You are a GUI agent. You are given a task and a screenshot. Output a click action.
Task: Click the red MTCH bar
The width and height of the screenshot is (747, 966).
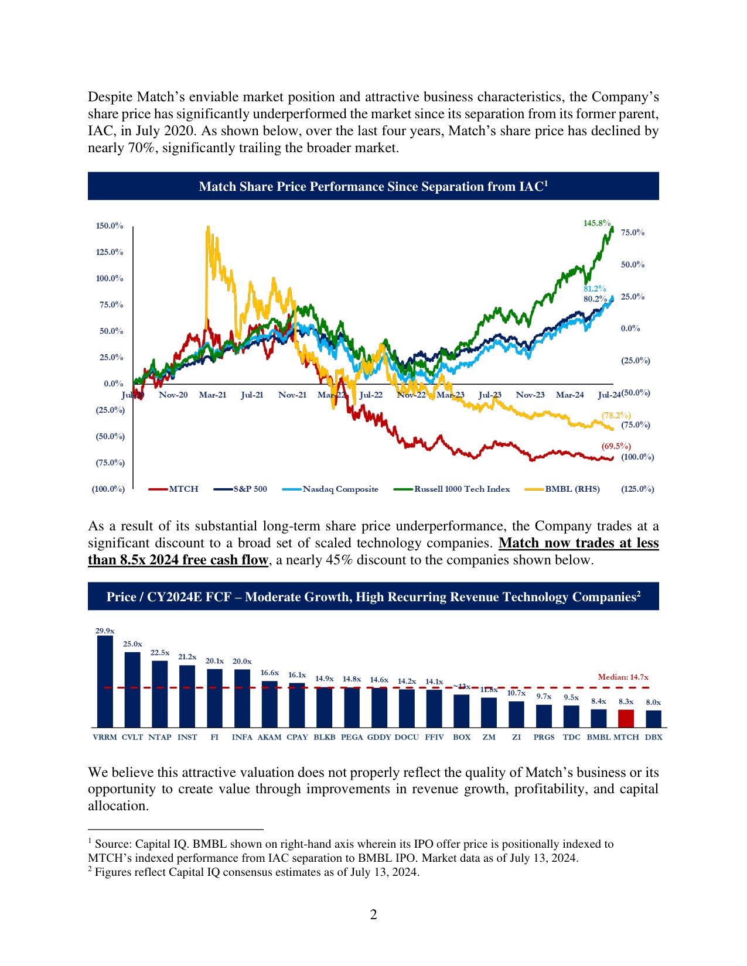coord(626,718)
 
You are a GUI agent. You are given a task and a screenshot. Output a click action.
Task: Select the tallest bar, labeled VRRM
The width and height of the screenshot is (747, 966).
coord(105,681)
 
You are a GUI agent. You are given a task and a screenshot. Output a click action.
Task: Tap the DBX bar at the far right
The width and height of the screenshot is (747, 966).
coord(653,719)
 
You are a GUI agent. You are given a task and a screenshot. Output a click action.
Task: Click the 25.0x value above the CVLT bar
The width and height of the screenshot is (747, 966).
coord(132,644)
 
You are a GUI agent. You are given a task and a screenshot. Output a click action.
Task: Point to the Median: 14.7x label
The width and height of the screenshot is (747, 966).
coord(623,677)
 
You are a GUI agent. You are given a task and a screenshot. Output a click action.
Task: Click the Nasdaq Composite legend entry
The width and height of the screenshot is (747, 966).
coord(340,489)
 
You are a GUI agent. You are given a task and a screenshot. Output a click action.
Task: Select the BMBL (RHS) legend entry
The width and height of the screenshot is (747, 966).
coord(572,489)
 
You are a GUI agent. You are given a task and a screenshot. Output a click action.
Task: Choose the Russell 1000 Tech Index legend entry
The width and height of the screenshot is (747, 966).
coord(462,489)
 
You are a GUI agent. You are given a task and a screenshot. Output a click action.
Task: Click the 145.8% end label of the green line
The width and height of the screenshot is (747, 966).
coord(596,223)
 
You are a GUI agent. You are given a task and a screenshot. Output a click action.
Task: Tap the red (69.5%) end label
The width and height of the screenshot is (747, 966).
coord(616,446)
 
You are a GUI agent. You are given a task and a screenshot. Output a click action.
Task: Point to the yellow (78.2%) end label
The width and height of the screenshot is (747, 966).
coord(616,415)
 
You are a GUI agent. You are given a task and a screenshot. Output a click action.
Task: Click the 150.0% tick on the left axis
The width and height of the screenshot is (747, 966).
coord(110,226)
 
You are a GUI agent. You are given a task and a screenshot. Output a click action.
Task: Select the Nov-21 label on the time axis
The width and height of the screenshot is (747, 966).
coord(292,395)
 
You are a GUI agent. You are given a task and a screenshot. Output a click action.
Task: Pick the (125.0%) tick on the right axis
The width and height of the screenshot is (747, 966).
coord(637,489)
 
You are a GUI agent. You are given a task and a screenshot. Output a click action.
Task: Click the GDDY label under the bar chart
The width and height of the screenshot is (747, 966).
coord(379,737)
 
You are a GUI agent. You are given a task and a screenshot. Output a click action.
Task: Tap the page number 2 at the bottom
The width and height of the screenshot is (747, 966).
coord(373,914)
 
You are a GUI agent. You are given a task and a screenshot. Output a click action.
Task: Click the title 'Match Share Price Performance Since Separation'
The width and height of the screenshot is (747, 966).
coord(373,187)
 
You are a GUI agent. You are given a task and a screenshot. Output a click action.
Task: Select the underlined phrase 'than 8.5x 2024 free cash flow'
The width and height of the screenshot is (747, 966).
coord(178,560)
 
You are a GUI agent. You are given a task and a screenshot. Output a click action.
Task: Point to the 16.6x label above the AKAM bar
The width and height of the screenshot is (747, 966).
coord(270,673)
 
